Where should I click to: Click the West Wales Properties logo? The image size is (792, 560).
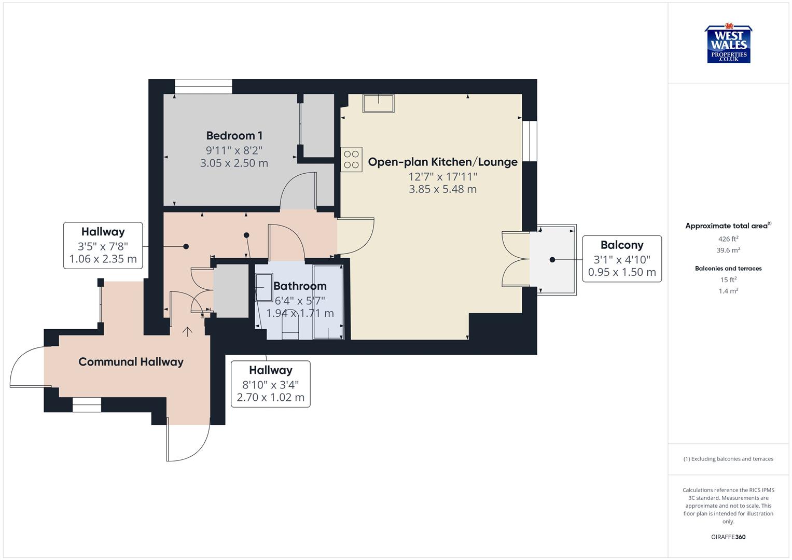point(729,45)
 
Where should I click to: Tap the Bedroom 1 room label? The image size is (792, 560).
point(234,136)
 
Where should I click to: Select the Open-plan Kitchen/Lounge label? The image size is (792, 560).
point(442,162)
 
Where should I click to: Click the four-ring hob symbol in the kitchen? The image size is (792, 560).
point(351,159)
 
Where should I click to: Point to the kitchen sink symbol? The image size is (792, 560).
point(378,103)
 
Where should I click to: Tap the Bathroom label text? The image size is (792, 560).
point(300,286)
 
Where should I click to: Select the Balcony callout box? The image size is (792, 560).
point(621,258)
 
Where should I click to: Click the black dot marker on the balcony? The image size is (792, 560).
point(552,260)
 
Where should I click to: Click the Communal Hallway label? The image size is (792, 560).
point(131,362)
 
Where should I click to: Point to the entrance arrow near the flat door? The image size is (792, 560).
point(187,331)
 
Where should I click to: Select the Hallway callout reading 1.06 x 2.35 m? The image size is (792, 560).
point(103,245)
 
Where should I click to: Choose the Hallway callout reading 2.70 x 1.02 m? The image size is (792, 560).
point(270,384)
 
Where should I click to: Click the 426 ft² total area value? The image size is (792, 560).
point(728,239)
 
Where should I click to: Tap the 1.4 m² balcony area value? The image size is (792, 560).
point(728,291)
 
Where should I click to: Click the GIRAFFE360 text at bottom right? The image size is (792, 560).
point(728,537)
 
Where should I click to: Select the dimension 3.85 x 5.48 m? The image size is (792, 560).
point(442,189)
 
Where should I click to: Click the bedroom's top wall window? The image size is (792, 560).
point(203,86)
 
